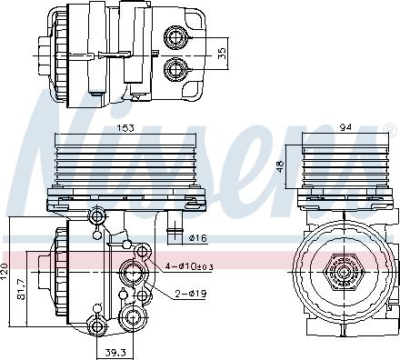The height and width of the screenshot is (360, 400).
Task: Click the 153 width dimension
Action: click(x=125, y=128)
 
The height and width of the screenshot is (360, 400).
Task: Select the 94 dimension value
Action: click(x=345, y=127)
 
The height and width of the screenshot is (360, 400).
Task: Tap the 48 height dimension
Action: click(x=281, y=166)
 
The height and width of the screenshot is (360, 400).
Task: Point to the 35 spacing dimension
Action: click(x=222, y=54)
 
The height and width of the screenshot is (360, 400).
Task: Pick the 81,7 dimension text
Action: click(x=21, y=289)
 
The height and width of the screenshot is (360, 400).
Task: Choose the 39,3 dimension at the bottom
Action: click(x=115, y=353)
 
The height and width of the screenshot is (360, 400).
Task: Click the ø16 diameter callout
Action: click(x=197, y=238)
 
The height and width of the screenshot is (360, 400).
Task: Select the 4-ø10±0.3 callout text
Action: click(x=189, y=266)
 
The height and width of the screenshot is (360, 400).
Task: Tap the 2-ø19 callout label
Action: click(x=191, y=294)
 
